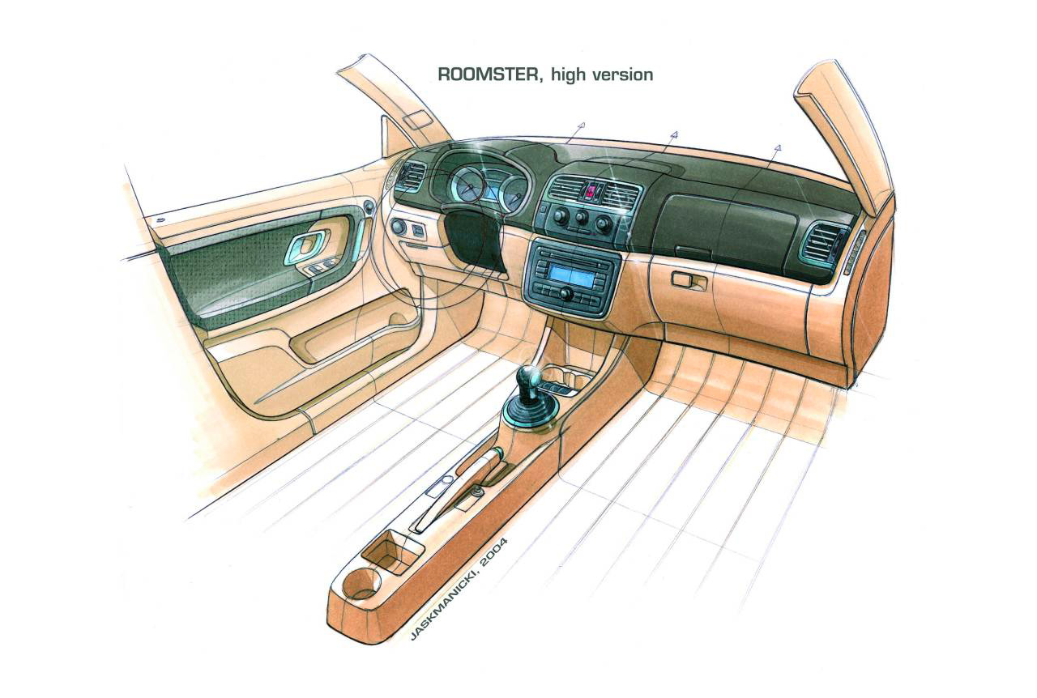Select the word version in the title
pyautogui.click(x=621, y=74)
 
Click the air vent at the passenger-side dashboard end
pyautogui.click(x=824, y=240)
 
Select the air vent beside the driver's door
pyautogui.click(x=412, y=176)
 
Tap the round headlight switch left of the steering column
pyautogui.click(x=399, y=228)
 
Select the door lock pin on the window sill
pyautogui.click(x=159, y=219)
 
